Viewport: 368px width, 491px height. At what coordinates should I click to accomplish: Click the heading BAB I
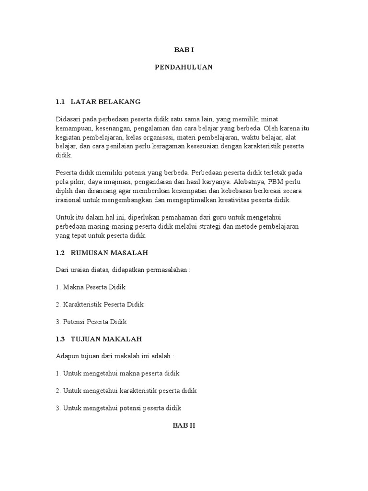(184, 50)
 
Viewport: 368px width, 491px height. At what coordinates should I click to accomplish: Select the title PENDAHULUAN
(184, 68)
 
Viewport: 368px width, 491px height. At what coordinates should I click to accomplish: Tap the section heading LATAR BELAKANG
(105, 102)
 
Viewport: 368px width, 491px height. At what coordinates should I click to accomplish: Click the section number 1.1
(60, 102)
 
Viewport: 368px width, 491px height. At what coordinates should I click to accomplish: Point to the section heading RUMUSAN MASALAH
(109, 252)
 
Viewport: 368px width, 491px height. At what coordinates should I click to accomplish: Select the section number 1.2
(60, 252)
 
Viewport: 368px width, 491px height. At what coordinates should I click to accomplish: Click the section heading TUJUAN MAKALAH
(106, 339)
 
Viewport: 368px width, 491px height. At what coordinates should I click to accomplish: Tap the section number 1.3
(60, 339)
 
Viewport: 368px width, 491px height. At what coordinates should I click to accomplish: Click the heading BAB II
(184, 425)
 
